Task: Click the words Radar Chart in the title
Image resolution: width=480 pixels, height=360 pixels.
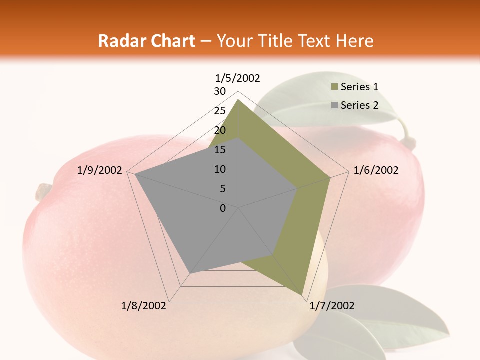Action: pos(146,41)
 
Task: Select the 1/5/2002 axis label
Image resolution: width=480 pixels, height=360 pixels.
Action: pos(238,78)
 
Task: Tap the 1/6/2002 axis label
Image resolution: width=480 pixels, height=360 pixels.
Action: pos(376,170)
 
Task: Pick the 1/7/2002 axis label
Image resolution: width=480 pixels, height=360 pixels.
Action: pos(332,306)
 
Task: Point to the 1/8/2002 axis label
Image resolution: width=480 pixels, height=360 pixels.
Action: pos(144,306)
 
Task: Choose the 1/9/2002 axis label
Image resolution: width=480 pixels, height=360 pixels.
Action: pos(100,170)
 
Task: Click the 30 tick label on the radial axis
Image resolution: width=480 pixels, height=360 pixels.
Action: pos(220,91)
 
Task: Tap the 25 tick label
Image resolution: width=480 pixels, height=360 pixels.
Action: pos(220,111)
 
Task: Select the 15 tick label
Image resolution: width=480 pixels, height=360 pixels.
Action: pos(220,150)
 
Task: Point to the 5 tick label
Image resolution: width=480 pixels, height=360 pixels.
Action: pos(223,189)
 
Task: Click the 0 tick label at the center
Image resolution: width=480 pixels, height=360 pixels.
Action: pos(223,208)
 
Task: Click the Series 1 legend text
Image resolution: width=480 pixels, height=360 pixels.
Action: pos(359,87)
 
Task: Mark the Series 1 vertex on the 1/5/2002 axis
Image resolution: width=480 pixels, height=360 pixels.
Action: pos(238,100)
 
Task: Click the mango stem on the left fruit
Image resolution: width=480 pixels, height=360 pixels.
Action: pos(43,191)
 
